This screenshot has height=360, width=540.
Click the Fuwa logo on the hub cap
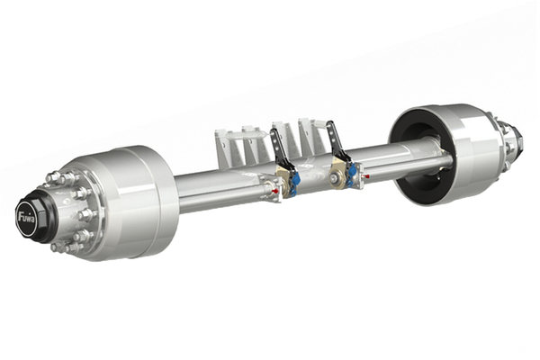pos(27,218)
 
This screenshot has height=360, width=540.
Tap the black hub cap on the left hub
pos(31,218)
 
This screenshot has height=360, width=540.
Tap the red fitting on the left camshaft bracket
pos(275,191)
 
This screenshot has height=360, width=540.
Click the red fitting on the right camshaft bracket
pos(367,176)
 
